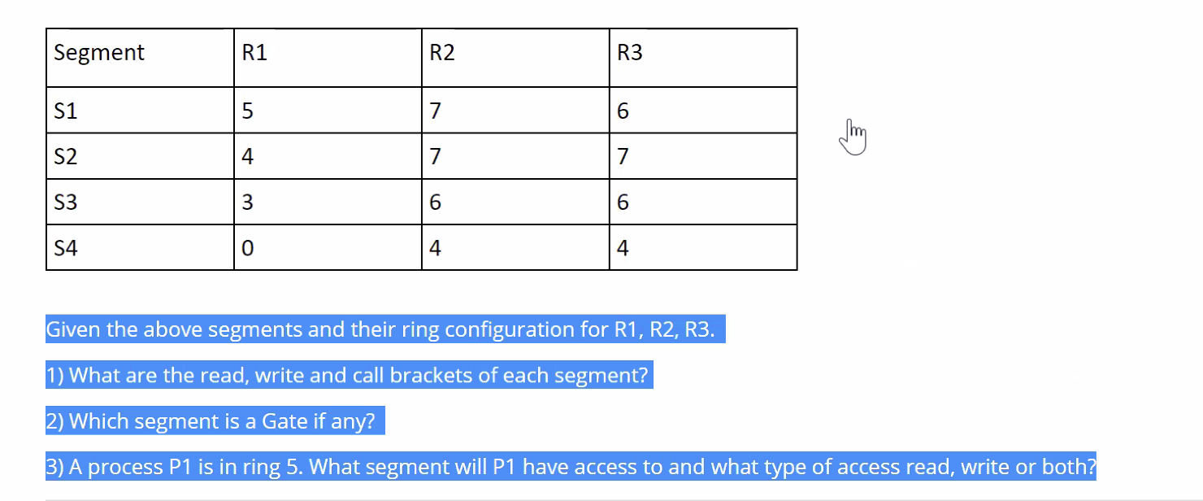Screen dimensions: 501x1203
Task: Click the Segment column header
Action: click(98, 54)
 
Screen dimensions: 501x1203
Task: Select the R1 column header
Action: click(254, 54)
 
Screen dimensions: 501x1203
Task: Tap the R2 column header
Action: click(442, 54)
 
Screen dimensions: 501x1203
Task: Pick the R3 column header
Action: click(630, 54)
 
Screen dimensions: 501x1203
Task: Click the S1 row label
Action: click(65, 111)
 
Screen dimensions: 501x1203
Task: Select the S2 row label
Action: click(65, 157)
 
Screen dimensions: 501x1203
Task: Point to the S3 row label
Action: click(65, 203)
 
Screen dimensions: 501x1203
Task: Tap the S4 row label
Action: click(65, 248)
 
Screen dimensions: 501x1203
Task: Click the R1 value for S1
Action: click(248, 111)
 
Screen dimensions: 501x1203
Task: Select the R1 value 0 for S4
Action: click(248, 248)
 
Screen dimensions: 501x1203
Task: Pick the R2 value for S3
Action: click(435, 203)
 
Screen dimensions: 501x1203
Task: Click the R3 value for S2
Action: click(623, 157)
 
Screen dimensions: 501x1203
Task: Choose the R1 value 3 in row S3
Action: click(248, 203)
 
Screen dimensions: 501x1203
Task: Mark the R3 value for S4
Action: click(623, 248)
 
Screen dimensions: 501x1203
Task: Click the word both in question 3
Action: click(1066, 467)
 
